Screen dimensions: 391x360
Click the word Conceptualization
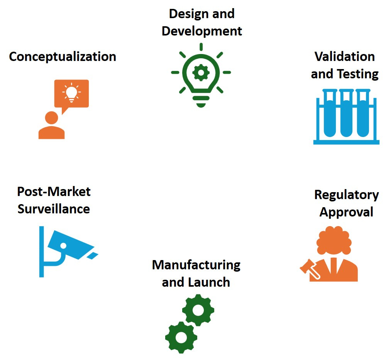click(x=63, y=57)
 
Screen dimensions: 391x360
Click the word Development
click(x=202, y=31)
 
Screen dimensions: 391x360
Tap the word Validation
click(x=345, y=57)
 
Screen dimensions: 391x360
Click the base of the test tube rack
click(x=346, y=142)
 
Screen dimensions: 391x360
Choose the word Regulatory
click(x=346, y=195)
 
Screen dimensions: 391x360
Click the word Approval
click(x=346, y=212)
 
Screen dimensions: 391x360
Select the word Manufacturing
click(x=196, y=265)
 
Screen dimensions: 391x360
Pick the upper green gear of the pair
click(x=198, y=310)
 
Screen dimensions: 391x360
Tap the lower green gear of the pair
click(x=181, y=337)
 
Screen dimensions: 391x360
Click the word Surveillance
click(x=54, y=209)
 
